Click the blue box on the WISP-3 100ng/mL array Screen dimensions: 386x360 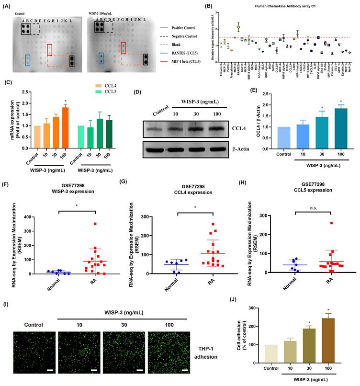pos(101,58)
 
